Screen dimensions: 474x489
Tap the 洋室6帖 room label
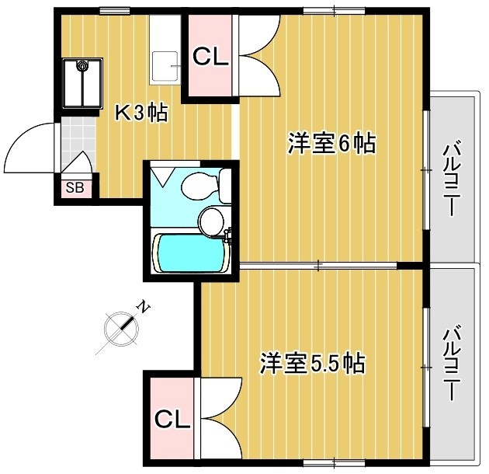click(x=331, y=144)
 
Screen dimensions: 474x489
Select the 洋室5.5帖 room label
click(x=312, y=363)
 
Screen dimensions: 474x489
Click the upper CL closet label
click(x=210, y=57)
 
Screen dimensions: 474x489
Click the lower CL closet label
click(x=172, y=420)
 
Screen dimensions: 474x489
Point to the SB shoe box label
click(x=75, y=187)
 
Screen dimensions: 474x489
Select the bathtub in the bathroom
click(x=191, y=253)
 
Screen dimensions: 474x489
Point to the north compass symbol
click(x=120, y=327)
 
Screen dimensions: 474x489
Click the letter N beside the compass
click(x=142, y=307)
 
